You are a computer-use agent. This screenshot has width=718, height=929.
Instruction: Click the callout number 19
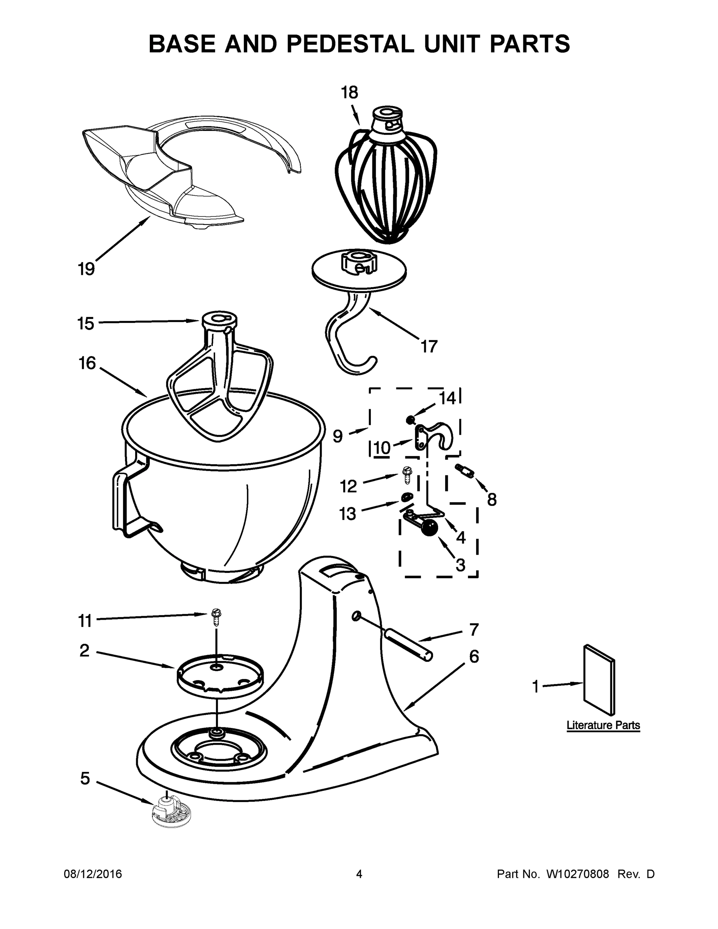[86, 269]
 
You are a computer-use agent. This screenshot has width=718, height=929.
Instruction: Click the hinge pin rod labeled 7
[408, 645]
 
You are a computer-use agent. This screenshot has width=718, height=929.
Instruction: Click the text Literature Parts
[603, 725]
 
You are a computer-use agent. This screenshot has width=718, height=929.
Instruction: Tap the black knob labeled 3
[429, 528]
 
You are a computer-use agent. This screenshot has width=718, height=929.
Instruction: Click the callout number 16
[87, 363]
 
